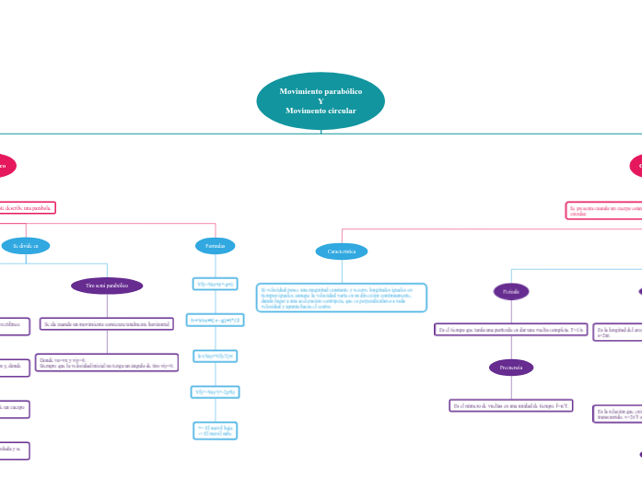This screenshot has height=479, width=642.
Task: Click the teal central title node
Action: (321, 101)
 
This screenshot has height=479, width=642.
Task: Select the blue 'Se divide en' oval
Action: (26, 246)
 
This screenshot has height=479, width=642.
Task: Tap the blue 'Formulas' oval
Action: (215, 246)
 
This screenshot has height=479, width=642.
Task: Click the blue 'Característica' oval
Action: (342, 251)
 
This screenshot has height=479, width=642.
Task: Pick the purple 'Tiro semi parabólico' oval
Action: (107, 286)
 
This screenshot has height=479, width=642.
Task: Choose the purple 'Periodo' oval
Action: (511, 292)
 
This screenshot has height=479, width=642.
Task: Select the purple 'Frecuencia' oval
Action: (511, 368)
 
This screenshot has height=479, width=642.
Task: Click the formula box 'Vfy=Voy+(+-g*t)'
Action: (215, 284)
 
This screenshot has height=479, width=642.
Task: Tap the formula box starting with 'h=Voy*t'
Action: (215, 320)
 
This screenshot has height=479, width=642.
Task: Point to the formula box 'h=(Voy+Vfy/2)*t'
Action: (215, 356)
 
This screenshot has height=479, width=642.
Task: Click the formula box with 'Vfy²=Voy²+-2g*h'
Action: (215, 392)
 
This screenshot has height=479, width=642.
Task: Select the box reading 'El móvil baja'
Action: (215, 430)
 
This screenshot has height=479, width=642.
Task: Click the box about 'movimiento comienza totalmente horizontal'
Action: (109, 323)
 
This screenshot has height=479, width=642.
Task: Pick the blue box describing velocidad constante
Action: (342, 298)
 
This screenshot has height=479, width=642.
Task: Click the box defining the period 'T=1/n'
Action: (511, 329)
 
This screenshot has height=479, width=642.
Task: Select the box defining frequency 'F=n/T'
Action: (511, 405)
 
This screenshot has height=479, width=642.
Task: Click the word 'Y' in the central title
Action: (321, 101)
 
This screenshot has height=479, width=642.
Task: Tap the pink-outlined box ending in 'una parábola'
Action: (28, 207)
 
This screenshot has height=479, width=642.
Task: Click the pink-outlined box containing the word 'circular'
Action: (603, 211)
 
